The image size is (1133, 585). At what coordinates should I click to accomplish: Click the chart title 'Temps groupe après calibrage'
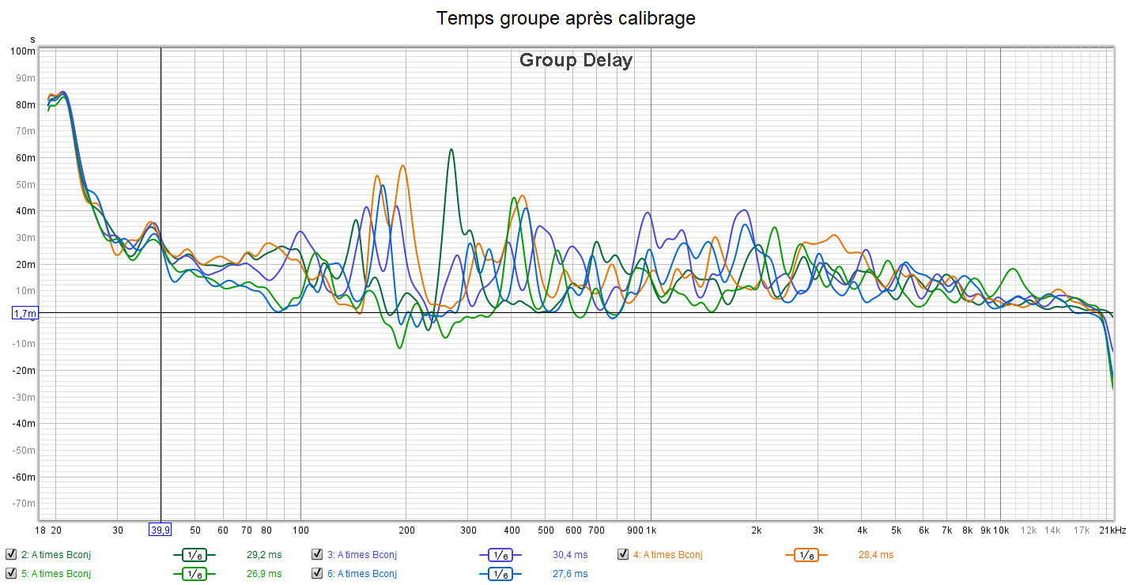(566, 18)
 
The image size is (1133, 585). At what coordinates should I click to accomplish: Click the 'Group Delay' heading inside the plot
(576, 60)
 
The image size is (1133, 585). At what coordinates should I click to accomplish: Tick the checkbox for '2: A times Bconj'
(10, 554)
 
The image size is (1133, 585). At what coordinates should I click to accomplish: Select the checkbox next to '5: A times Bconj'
(10, 573)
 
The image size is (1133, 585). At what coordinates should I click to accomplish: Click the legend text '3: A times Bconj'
(362, 554)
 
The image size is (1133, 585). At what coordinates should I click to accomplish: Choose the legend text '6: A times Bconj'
(362, 573)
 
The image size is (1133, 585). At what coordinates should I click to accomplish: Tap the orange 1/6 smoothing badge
(806, 555)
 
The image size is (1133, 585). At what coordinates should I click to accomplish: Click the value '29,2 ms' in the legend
(264, 554)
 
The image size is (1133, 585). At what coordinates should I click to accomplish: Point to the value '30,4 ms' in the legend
(570, 554)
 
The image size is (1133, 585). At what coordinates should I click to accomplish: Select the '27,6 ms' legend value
(570, 573)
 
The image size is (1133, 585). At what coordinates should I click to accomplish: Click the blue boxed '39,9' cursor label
(160, 530)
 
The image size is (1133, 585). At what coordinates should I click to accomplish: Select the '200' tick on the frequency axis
(406, 530)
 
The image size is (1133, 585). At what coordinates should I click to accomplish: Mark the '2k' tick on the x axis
(757, 530)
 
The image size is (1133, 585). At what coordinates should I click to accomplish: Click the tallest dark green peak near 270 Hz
(451, 149)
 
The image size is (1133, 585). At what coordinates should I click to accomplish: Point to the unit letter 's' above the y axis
(32, 39)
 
